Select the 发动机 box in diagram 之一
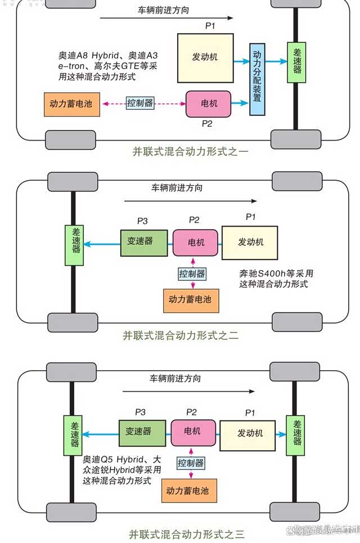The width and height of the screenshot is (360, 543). [x=205, y=58]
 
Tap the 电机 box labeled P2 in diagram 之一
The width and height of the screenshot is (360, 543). [x=208, y=104]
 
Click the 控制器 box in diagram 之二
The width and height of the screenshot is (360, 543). [x=192, y=274]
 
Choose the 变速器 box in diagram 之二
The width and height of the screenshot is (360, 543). [x=143, y=242]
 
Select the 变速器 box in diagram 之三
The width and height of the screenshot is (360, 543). [x=142, y=432]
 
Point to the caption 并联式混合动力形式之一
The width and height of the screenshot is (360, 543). [x=190, y=151]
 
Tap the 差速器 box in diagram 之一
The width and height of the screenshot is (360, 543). [x=297, y=62]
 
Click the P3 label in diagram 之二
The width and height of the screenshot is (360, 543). [x=143, y=220]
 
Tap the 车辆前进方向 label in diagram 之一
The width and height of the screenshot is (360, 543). [x=163, y=11]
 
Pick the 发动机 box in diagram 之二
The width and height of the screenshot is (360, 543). [x=250, y=243]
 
